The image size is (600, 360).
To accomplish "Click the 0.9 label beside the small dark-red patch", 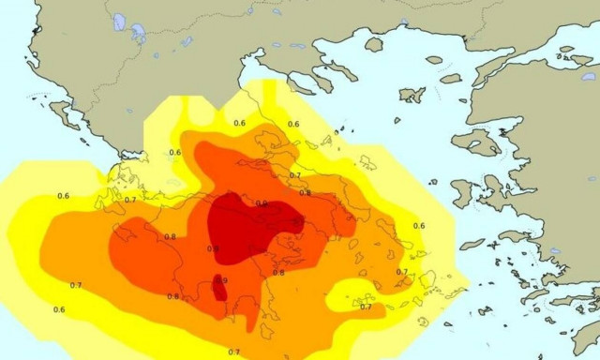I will (222, 280).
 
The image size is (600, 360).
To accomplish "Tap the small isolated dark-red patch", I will (219, 290).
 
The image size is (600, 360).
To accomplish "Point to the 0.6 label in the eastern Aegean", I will (419, 226).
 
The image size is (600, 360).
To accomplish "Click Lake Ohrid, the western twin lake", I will (119, 22).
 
